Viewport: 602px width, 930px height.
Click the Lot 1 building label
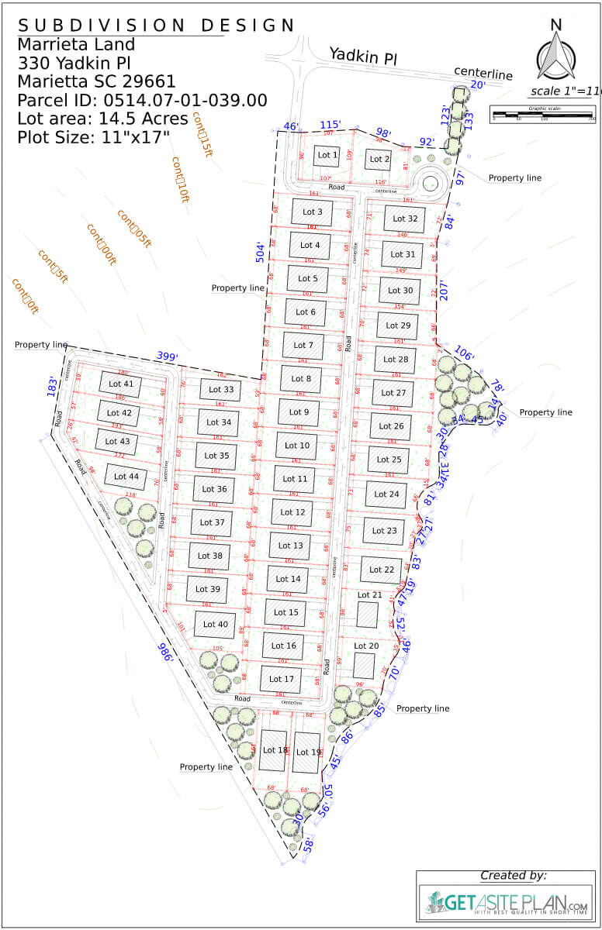(x=327, y=156)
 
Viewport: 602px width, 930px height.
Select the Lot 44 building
(x=126, y=477)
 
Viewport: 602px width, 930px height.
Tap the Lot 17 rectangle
(x=280, y=679)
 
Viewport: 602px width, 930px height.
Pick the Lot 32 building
(x=405, y=219)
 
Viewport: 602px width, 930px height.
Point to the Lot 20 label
(x=366, y=646)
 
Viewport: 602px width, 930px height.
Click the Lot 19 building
(x=307, y=751)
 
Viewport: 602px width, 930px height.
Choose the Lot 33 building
(x=221, y=390)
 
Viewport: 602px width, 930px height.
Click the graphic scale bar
(x=543, y=115)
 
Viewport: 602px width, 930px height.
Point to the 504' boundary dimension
(x=260, y=252)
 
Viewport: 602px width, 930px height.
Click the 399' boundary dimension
(x=167, y=356)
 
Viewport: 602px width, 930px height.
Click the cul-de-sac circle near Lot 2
(x=429, y=184)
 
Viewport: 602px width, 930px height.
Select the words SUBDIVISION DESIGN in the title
(x=156, y=25)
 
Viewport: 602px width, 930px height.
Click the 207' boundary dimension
(x=445, y=289)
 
